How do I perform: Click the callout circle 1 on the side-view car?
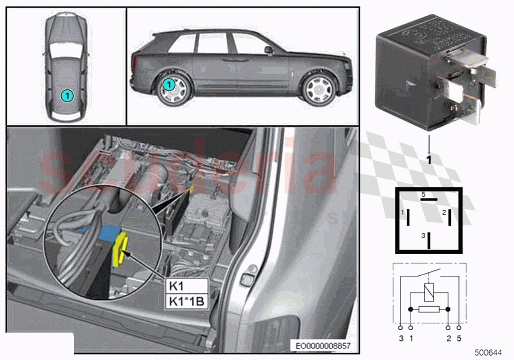(x=168, y=85)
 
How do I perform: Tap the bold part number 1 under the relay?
(x=429, y=159)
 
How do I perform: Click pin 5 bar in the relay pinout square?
(x=429, y=199)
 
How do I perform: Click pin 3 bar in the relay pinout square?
(x=429, y=240)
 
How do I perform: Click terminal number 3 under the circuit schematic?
(x=401, y=338)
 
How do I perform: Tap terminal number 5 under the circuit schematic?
(x=459, y=338)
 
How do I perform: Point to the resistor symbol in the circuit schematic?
(x=429, y=310)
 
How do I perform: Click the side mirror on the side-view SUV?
(x=268, y=49)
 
